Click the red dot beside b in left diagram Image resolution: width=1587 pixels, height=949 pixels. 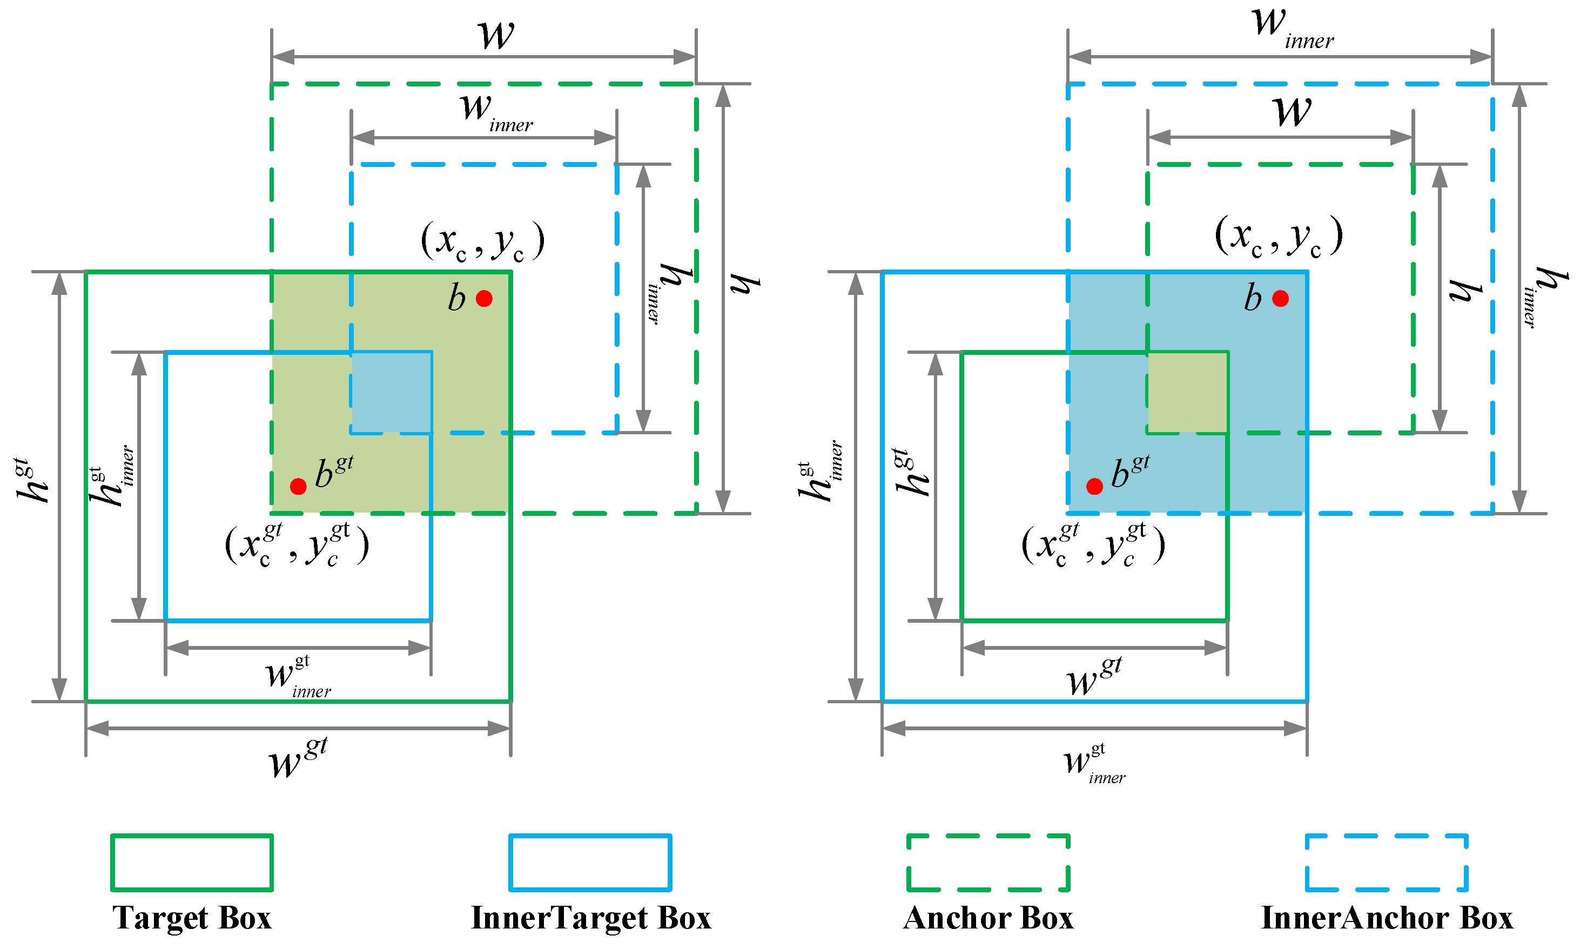click(x=484, y=299)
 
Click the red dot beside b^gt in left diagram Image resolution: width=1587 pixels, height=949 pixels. click(x=298, y=487)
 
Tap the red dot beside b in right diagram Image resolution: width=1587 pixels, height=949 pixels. click(x=1280, y=299)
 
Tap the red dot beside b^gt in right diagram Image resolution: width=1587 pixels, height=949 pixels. click(x=1095, y=487)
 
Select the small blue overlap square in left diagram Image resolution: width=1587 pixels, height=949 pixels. click(x=391, y=392)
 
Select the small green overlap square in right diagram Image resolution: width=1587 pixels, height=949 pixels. click(x=1187, y=392)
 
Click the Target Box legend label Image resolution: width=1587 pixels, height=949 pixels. click(x=192, y=918)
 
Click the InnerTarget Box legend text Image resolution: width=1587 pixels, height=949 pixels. click(x=591, y=918)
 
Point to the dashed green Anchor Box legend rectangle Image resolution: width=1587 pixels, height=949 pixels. click(x=988, y=862)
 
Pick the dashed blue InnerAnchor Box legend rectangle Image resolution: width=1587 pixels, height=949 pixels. click(x=1386, y=862)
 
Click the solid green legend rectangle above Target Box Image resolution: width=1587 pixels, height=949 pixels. click(x=192, y=862)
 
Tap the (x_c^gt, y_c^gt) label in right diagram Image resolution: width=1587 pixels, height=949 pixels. click(x=1093, y=545)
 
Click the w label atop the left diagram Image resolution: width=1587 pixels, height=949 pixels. click(x=496, y=35)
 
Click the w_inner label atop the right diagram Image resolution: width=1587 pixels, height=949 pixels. click(x=1292, y=29)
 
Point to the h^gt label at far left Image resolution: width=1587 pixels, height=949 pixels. click(x=32, y=481)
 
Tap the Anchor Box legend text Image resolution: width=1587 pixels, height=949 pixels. click(x=988, y=918)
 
